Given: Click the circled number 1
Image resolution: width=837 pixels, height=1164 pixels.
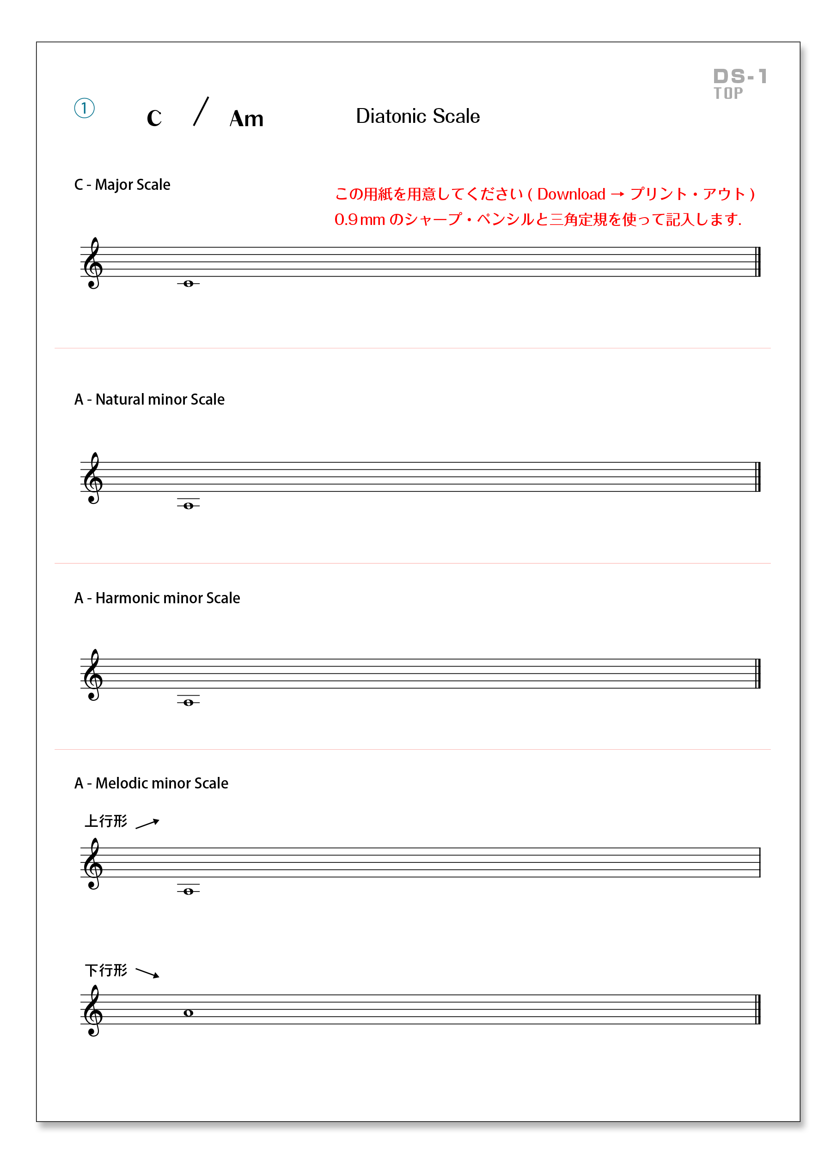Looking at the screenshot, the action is point(84,108).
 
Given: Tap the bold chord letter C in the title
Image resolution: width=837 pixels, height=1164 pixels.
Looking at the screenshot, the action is point(154,119).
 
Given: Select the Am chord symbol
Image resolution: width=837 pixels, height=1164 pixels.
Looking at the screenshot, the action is point(246,119).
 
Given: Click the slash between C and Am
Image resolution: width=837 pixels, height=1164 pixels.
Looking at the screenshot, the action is point(201,111).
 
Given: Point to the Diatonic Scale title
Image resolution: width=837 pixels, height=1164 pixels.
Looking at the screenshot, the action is point(417,116).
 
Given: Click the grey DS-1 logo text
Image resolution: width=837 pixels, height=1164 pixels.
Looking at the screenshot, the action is point(739,77).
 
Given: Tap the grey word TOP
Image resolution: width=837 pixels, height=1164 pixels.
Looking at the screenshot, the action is point(727,93).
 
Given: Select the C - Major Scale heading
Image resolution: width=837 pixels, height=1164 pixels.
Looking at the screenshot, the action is point(122,184).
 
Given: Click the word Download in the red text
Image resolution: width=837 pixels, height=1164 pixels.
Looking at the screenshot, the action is point(571,194).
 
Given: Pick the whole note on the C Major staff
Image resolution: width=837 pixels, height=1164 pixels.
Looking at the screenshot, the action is point(189,283).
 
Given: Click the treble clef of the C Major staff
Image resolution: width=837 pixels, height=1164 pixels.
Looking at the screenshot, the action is point(93,263).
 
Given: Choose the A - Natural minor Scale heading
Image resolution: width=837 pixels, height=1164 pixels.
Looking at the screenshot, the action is point(149,399).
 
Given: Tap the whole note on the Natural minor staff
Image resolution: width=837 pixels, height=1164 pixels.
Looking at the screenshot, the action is point(189,505).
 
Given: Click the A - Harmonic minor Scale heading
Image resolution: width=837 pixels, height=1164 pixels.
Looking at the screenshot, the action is point(157,598).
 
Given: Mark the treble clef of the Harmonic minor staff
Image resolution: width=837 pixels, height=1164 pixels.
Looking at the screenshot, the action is point(93,674).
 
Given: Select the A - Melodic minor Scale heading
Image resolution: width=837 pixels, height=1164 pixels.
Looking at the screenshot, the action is point(152,783).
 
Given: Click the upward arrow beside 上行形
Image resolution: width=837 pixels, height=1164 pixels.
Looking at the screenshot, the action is point(148,824).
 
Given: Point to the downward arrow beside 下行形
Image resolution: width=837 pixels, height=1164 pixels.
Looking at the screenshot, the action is point(148,973).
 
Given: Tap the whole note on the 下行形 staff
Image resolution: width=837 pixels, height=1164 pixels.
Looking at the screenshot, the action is point(189,1013).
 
